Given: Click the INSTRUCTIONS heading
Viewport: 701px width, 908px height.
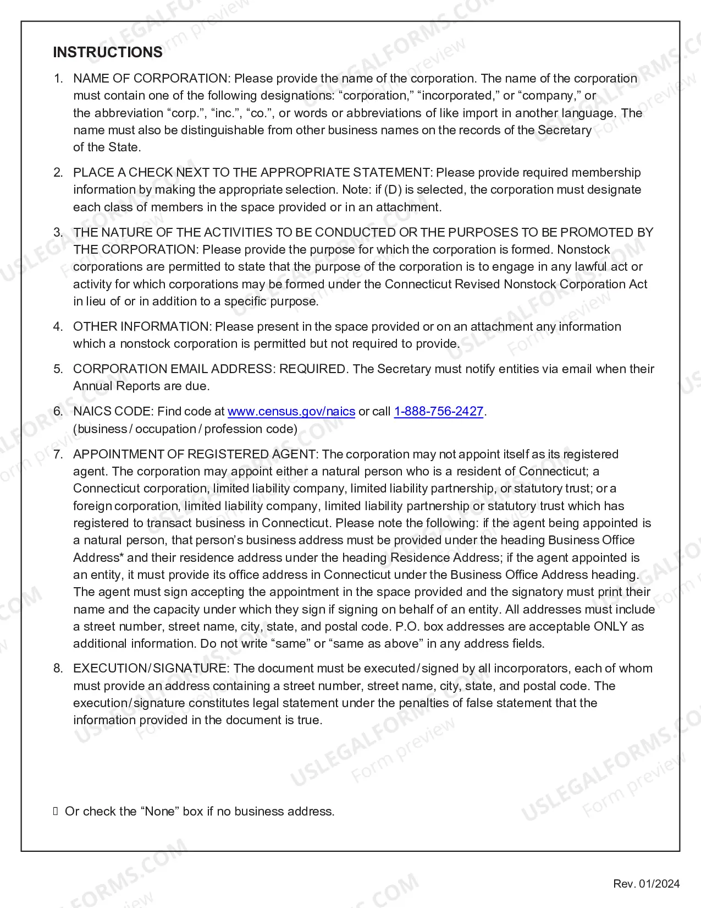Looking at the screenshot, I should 108,52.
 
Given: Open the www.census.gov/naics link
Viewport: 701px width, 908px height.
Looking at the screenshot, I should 291,412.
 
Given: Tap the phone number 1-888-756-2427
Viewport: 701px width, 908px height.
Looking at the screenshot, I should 439,412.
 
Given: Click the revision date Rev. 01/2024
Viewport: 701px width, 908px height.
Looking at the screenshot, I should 647,884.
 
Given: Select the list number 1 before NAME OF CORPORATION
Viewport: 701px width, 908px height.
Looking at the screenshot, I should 58,79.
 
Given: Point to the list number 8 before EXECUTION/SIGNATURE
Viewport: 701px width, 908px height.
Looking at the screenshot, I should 58,669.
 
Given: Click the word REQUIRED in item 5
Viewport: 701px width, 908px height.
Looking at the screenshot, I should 312,369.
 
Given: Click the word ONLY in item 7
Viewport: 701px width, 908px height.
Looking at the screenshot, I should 610,627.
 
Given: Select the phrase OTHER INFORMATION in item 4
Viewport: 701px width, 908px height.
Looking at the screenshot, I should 141,326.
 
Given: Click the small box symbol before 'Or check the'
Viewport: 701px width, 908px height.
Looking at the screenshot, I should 56,811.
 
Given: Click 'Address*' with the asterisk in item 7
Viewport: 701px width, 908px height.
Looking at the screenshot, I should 98,558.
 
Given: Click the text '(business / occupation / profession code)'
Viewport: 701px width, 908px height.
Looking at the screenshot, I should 185,429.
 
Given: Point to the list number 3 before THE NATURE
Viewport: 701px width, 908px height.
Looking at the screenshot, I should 58,232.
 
